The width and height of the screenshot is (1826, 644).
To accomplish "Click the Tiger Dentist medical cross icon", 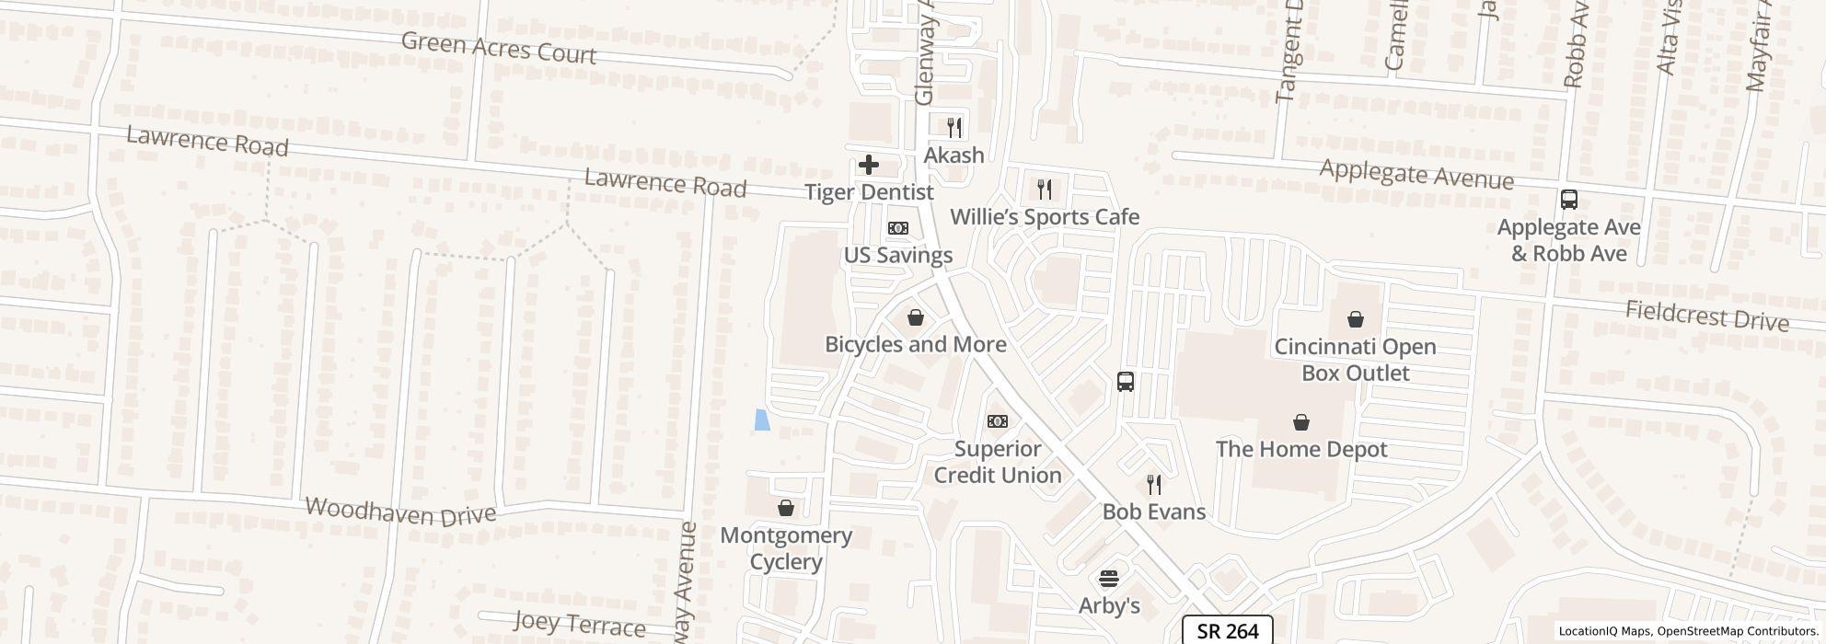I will [x=868, y=165].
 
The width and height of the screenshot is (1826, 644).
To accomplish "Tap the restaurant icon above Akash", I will [x=954, y=127].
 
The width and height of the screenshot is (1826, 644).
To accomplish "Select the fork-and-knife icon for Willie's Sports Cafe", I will [x=1044, y=190].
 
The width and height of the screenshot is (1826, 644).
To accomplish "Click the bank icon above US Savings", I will [x=898, y=228].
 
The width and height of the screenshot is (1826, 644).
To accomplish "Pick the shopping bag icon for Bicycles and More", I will [x=916, y=317].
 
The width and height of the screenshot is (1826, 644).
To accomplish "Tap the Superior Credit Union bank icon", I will [x=997, y=421].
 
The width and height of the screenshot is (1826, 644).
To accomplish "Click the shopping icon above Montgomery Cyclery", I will [x=786, y=508].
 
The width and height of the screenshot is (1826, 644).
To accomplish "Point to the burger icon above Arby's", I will [x=1109, y=579].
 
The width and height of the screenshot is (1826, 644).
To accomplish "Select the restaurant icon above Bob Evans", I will [x=1154, y=485].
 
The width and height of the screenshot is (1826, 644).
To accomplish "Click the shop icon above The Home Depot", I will [x=1301, y=422].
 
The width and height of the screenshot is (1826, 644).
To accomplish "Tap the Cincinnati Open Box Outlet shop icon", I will [x=1355, y=319].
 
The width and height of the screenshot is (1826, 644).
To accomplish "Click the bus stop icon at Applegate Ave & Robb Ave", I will [x=1569, y=199].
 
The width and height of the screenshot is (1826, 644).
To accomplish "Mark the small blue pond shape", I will [x=762, y=420].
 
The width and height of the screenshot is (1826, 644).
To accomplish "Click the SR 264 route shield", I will [x=1228, y=630].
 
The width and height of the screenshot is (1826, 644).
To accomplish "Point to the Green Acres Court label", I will [x=499, y=48].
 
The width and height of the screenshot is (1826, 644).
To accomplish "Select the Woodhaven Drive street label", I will [x=400, y=512].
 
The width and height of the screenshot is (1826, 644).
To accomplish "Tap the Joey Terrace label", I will [x=579, y=624].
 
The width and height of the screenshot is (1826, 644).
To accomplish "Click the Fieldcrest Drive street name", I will [x=1706, y=316].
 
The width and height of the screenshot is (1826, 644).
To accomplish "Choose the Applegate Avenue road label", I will [x=1416, y=173].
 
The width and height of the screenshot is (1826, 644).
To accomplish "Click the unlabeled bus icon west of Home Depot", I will [x=1125, y=381].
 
